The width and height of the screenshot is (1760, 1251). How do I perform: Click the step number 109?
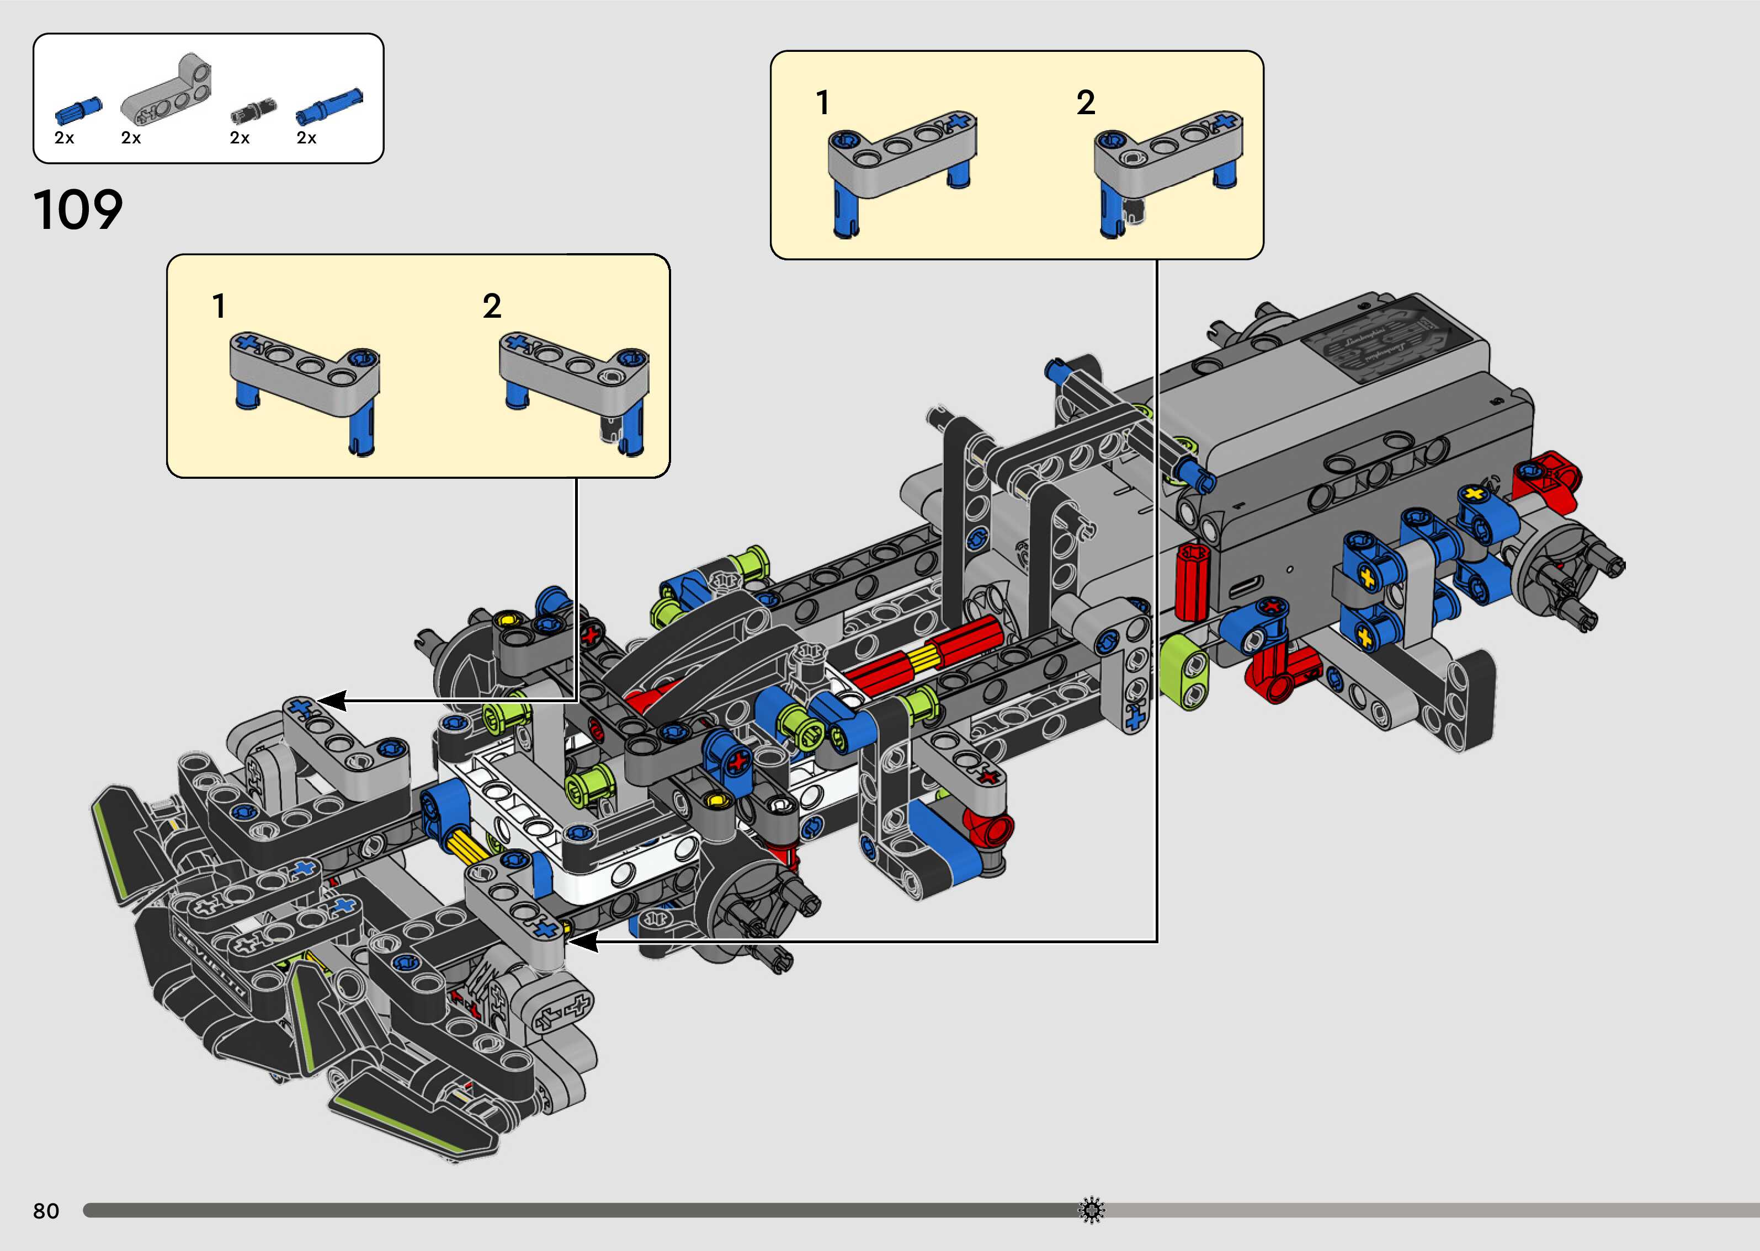point(78,210)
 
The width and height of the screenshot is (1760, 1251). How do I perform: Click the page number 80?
point(46,1211)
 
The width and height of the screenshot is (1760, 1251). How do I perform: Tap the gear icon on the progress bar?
point(1091,1210)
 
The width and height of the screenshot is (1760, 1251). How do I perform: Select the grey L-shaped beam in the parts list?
point(167,91)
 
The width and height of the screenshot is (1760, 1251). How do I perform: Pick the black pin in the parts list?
point(253,111)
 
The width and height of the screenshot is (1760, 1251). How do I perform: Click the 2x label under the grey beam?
point(131,138)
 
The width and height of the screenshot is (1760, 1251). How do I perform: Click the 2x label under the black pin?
point(240,138)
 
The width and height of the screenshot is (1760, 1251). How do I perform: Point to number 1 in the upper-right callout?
point(823,103)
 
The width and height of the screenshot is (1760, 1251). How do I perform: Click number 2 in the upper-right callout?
point(1085,103)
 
